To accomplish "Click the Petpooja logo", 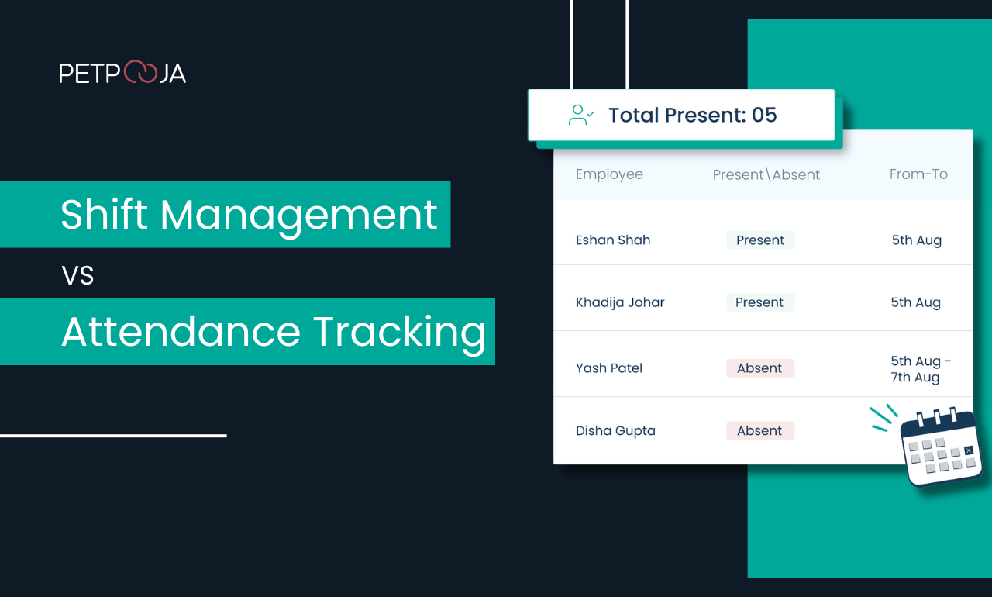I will tap(122, 73).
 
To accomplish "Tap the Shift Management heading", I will tap(249, 215).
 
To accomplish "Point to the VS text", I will tap(77, 274).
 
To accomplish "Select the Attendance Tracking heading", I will tap(274, 332).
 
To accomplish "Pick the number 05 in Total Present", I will tap(764, 116).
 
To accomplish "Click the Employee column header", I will tap(609, 174).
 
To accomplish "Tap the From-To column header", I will tap(918, 174).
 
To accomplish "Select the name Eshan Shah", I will tap(613, 240).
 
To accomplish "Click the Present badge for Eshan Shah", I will tap(760, 240).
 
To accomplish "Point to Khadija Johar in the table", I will tap(620, 302).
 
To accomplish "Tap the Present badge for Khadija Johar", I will tap(760, 302).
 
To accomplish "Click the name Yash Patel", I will tap(609, 368).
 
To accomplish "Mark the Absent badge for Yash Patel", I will tap(760, 368).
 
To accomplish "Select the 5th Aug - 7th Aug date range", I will tap(920, 369).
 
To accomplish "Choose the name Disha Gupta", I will tap(615, 431).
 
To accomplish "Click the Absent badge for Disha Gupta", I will tap(760, 431).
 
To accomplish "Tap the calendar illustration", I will tap(942, 448).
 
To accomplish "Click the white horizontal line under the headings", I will tap(113, 436).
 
